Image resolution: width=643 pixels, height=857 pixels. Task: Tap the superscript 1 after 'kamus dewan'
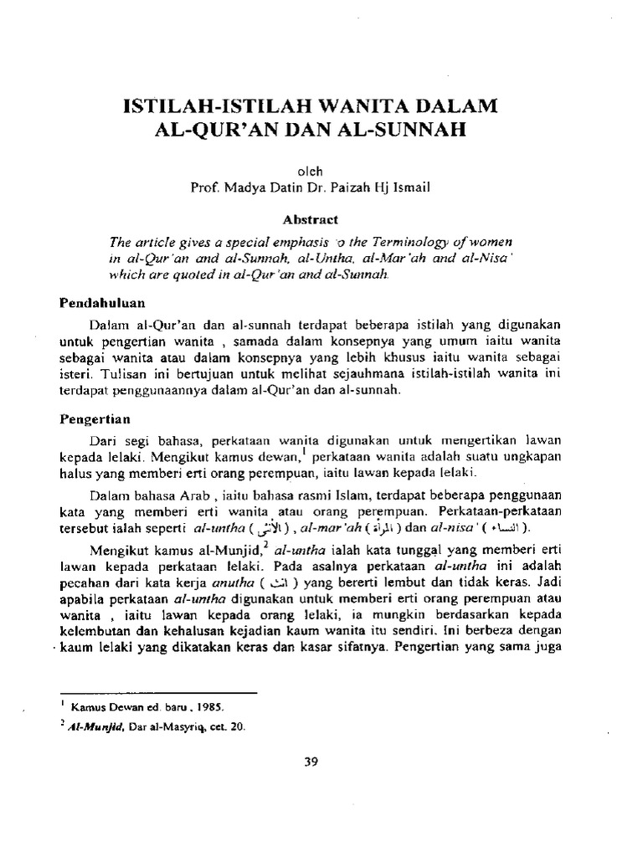click(306, 451)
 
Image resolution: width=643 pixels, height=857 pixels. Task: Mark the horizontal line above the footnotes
click(158, 693)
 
